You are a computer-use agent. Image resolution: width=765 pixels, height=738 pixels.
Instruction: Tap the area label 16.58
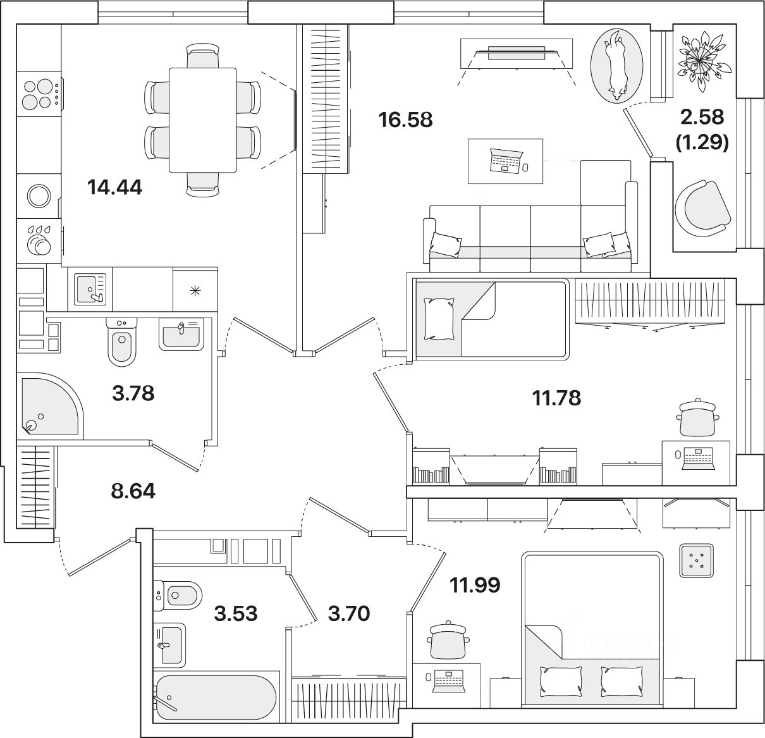click(x=405, y=119)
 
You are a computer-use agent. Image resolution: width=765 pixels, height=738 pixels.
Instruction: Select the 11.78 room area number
click(x=556, y=398)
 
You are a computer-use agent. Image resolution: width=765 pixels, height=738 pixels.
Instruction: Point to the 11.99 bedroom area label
click(x=475, y=586)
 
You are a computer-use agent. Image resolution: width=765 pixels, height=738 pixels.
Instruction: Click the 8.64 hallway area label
click(x=133, y=491)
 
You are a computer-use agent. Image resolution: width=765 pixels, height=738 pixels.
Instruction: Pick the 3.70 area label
click(x=348, y=613)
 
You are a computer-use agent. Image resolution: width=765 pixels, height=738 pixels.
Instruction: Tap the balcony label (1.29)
click(x=703, y=144)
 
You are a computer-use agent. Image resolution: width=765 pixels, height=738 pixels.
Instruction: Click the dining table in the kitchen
click(x=202, y=118)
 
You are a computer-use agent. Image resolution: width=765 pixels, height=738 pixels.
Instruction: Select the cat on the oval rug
click(x=616, y=66)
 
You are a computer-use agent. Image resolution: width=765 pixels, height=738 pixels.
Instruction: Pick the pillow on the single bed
click(x=438, y=319)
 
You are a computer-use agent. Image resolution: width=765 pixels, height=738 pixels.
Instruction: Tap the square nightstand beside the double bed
click(x=697, y=560)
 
